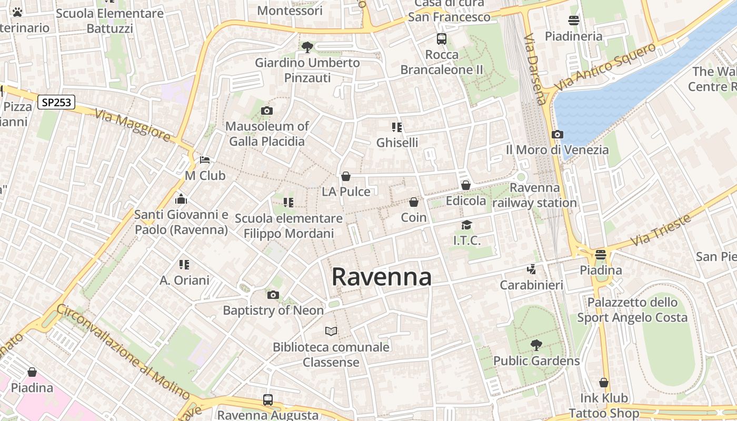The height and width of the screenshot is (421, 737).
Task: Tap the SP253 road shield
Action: [x=56, y=102]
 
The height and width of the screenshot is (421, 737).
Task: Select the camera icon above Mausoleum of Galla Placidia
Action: [x=267, y=111]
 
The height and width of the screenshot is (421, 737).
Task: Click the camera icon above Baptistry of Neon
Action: [x=273, y=295]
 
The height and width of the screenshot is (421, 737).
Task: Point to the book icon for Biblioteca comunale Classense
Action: [x=331, y=331]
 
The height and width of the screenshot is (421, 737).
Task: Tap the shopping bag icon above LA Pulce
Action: [x=346, y=176]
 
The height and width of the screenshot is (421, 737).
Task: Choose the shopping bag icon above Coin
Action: [x=414, y=202]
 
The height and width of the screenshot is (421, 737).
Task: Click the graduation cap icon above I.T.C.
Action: [x=466, y=225]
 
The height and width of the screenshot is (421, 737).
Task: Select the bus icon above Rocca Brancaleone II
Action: [x=441, y=39]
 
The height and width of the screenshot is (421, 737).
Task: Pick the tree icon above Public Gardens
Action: [x=536, y=345]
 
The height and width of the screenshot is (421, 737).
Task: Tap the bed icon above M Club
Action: [x=205, y=160]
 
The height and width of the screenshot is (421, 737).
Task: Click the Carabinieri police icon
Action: [x=531, y=269]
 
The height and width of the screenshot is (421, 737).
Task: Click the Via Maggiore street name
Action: [x=133, y=125]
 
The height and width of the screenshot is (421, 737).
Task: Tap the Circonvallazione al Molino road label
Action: [x=123, y=352]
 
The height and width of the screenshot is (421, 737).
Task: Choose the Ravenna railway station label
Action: [x=535, y=195]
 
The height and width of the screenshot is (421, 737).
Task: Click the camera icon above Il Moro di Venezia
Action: [x=557, y=134]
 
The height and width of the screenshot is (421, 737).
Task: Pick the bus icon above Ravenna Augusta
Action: [x=268, y=400]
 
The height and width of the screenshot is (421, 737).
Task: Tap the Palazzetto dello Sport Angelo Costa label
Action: [x=632, y=310]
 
